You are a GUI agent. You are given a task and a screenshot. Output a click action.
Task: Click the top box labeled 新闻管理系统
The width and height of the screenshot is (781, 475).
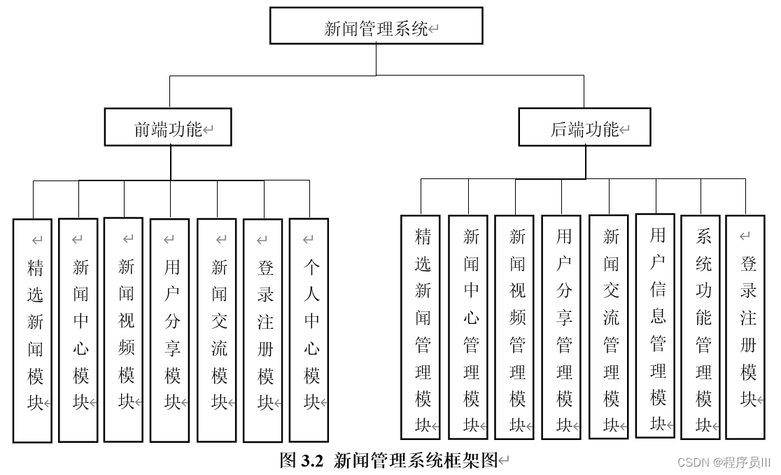[x=376, y=26]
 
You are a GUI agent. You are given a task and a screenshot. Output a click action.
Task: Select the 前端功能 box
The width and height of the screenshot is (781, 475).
[x=168, y=127]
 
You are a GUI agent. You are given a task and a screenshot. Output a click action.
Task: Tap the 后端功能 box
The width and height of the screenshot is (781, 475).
[x=584, y=127]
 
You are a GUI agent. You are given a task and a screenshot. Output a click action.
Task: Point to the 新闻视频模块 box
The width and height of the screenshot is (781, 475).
[x=123, y=329]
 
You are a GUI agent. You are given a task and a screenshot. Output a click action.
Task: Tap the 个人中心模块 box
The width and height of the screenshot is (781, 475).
[x=309, y=329]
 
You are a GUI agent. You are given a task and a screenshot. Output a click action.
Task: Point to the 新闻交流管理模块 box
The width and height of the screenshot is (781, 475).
[x=609, y=326]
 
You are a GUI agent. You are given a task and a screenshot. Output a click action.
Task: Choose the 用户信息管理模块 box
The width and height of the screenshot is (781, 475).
[x=655, y=325]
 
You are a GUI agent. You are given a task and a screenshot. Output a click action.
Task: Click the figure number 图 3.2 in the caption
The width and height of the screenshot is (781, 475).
[x=302, y=460]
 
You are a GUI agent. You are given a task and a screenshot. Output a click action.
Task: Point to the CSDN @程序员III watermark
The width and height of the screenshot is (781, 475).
[x=724, y=462]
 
